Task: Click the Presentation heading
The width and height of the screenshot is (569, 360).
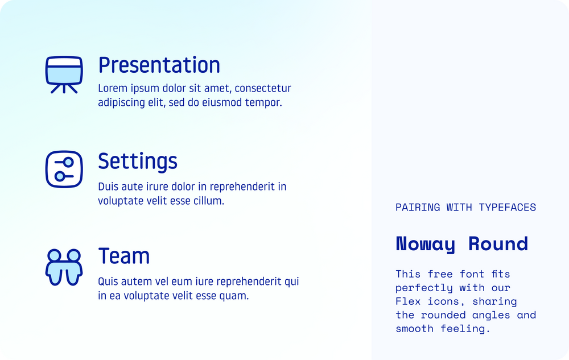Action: [x=159, y=65]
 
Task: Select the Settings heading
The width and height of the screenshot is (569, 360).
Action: [x=138, y=162]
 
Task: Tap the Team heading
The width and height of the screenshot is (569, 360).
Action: [x=124, y=256]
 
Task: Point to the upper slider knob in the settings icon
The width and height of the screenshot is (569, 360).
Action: [x=68, y=163]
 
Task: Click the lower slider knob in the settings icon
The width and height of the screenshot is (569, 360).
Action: [x=60, y=176]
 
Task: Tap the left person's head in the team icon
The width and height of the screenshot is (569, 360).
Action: [x=55, y=255]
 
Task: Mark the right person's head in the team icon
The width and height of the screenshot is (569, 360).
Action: [x=74, y=255]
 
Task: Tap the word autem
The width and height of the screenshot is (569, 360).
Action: [x=134, y=282]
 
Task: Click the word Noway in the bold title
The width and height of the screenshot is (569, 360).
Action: [x=426, y=244]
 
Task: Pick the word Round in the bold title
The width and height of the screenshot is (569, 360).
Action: [x=498, y=244]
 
